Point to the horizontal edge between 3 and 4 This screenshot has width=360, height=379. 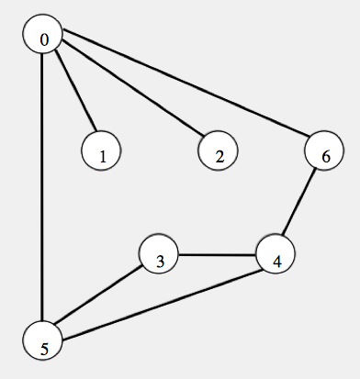pos(218,255)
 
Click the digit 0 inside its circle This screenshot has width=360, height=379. pos(44,38)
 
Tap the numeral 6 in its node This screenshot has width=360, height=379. pos(324,155)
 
